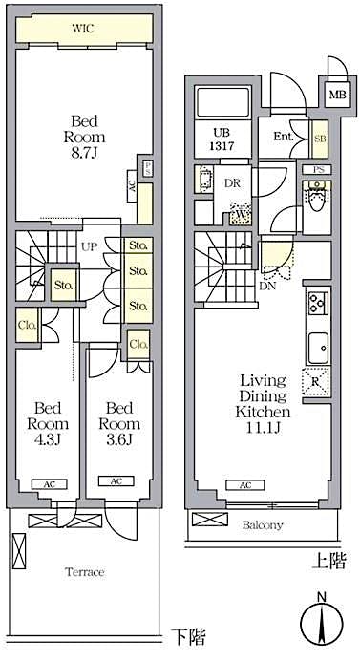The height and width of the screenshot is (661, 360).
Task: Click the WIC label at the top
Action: coord(83,29)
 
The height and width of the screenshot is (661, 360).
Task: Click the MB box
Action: coord(337,96)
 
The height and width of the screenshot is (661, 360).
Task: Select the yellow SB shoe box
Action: coord(320,138)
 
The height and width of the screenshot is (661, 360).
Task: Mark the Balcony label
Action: coord(262,524)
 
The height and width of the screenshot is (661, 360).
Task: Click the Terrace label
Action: coord(84,571)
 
